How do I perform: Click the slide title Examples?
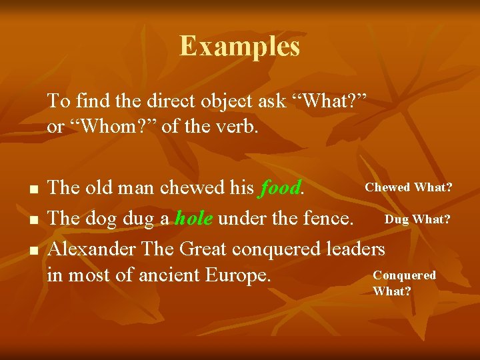[x=239, y=46]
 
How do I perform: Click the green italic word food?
[x=279, y=188]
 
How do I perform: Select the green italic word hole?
[x=194, y=218]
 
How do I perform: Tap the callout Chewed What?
[x=408, y=187]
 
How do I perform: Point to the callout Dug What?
[x=417, y=219]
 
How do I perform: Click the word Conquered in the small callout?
[x=404, y=275]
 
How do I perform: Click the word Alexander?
[x=91, y=249]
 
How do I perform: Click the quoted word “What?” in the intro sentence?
[x=331, y=101]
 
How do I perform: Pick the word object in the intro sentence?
[x=217, y=101]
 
